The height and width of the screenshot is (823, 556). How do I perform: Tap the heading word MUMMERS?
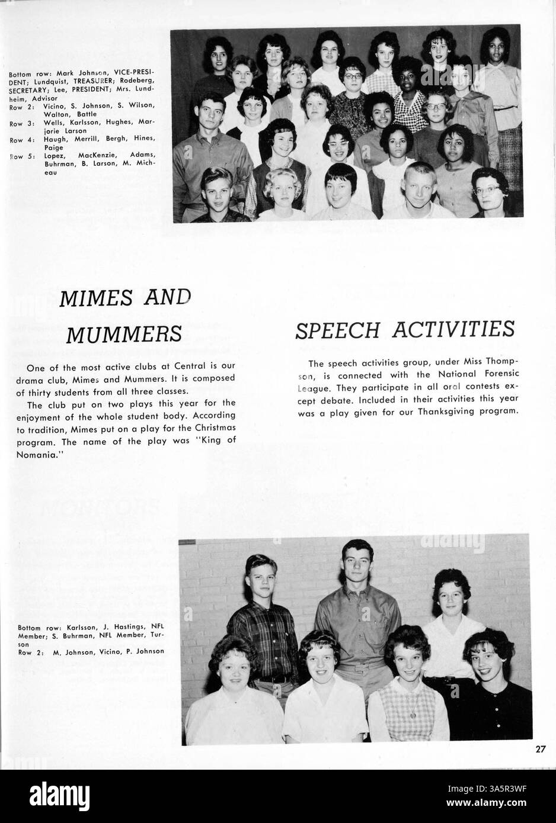pyautogui.click(x=123, y=334)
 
